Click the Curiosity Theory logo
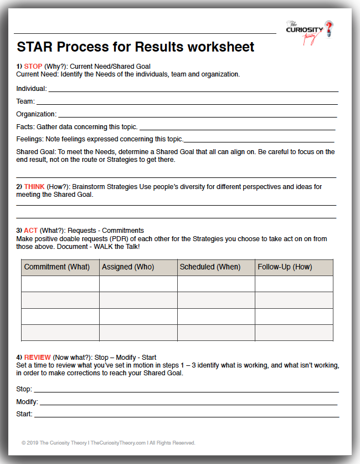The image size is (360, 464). [310, 29]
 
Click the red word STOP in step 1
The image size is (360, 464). [33, 67]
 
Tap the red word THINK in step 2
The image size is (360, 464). [34, 187]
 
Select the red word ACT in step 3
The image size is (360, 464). [31, 231]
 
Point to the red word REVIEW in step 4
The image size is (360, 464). [38, 357]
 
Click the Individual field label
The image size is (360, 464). [31, 89]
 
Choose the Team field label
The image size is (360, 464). [25, 101]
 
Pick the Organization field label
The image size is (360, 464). [36, 114]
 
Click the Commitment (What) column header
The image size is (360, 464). [56, 267]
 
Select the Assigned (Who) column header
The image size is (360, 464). [128, 267]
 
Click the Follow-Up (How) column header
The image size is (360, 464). [285, 267]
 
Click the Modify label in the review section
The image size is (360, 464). [27, 401]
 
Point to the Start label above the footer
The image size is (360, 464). [24, 414]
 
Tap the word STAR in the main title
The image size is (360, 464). [34, 47]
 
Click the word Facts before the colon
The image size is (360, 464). [25, 127]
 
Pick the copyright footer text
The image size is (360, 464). [108, 443]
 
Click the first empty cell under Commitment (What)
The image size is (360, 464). [60, 284]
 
